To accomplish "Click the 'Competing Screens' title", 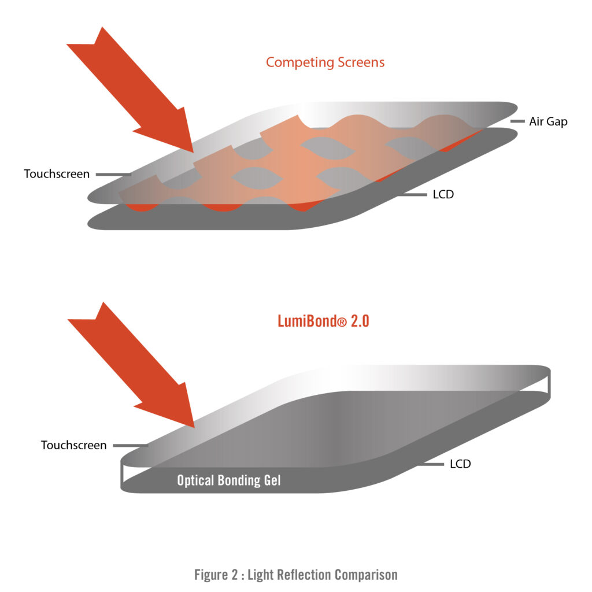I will coord(325,62).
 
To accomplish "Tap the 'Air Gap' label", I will coord(548,122).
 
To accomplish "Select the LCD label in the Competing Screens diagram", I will coord(443,195).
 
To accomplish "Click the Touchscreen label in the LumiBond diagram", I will coord(73,445).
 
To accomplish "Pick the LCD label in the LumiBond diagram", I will coord(460,464).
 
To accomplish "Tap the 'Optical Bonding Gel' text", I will coord(229,480).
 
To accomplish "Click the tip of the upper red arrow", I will coord(193,151).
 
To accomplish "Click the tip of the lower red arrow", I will coord(194,427).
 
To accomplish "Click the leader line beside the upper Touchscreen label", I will coord(113,173).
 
